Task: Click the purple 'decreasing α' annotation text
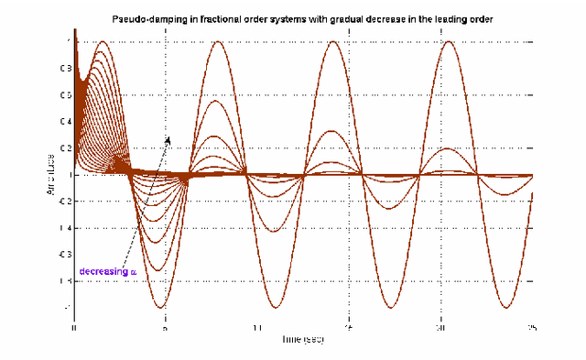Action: pyautogui.click(x=108, y=272)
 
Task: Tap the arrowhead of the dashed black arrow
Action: pyautogui.click(x=168, y=138)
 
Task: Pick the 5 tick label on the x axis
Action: pyautogui.click(x=166, y=327)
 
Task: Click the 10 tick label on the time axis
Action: pyautogui.click(x=258, y=327)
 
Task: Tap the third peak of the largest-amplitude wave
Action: pyautogui.click(x=331, y=42)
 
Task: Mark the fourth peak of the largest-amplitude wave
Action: pyautogui.click(x=448, y=42)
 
